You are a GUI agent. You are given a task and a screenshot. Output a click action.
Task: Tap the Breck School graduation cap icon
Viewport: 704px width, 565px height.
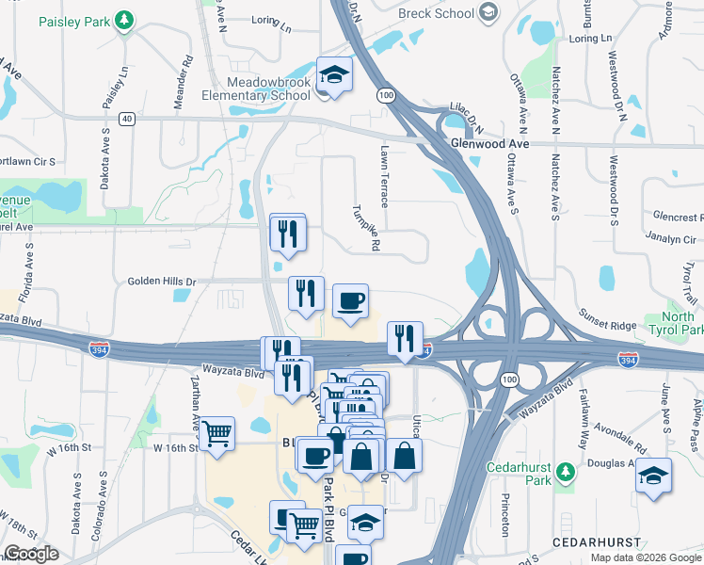click(487, 12)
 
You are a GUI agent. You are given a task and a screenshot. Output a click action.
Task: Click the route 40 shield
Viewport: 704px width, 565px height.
click(127, 119)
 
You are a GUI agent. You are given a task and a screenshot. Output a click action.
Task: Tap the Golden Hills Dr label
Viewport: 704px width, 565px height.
click(162, 282)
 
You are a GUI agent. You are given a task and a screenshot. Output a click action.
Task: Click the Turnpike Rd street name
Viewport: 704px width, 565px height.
click(369, 228)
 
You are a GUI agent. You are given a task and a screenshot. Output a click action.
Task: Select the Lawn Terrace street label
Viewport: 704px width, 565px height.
click(384, 176)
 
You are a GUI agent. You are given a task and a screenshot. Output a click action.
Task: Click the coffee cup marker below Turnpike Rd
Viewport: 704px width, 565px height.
click(350, 301)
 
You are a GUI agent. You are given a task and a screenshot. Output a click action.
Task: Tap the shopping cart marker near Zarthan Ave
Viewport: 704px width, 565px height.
click(216, 434)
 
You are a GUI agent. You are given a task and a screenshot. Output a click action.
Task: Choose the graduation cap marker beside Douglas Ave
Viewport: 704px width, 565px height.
click(653, 476)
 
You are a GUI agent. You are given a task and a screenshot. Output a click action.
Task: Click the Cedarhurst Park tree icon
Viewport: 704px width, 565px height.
click(565, 470)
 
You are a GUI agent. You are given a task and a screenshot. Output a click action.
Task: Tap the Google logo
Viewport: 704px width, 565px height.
click(31, 554)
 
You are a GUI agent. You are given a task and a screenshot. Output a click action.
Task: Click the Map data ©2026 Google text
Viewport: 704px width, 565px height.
click(646, 557)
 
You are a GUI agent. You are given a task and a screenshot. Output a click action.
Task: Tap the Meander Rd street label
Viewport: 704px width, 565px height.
click(188, 73)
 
